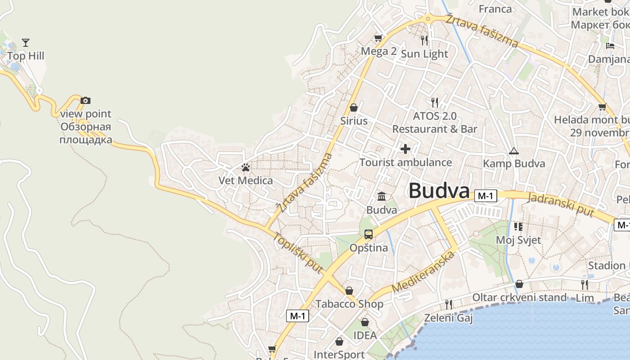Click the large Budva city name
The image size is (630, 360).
(439, 191)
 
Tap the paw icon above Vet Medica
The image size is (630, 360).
(245, 168)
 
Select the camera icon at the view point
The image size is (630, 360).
(85, 100)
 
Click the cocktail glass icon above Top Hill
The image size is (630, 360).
(26, 43)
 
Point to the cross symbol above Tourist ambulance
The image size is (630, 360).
(405, 149)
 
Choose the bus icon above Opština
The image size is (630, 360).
(369, 234)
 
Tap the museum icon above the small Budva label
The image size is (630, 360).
(382, 196)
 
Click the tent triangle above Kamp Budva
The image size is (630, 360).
(513, 151)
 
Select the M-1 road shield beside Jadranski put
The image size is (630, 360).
(486, 196)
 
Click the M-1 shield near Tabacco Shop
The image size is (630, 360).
(297, 316)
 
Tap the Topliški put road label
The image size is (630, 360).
(298, 253)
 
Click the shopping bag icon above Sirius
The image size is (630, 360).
(354, 108)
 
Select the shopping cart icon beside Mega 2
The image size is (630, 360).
(378, 38)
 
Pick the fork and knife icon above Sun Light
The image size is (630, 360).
(424, 40)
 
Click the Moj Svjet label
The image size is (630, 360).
(518, 240)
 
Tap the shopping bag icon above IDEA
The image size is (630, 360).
(365, 322)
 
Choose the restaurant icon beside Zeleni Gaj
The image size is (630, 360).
(448, 305)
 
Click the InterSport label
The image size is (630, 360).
(339, 354)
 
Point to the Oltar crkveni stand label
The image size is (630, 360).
(519, 297)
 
